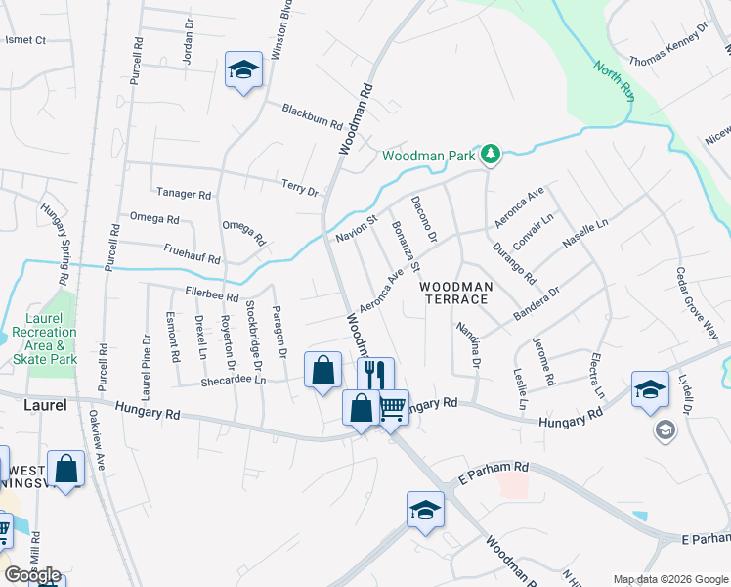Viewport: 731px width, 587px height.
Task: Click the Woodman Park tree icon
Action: click(x=491, y=155)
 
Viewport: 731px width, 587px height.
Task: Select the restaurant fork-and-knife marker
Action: click(x=374, y=374)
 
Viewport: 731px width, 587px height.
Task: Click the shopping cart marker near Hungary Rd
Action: click(x=392, y=406)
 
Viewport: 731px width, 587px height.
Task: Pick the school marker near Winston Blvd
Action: click(x=242, y=69)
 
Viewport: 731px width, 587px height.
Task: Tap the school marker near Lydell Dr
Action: click(x=650, y=389)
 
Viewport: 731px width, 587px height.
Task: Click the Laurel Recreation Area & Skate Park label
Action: click(x=46, y=339)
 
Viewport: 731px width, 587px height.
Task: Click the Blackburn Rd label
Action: click(x=312, y=117)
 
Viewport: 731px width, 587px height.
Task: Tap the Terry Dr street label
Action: click(x=300, y=187)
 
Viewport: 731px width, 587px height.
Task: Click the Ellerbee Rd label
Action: click(x=211, y=294)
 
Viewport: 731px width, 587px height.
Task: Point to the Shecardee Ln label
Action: click(x=234, y=382)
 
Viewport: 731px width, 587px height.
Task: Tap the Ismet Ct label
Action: click(x=26, y=40)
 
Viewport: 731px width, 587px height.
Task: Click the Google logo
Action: click(x=32, y=574)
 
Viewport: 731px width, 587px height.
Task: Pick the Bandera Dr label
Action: click(x=538, y=303)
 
